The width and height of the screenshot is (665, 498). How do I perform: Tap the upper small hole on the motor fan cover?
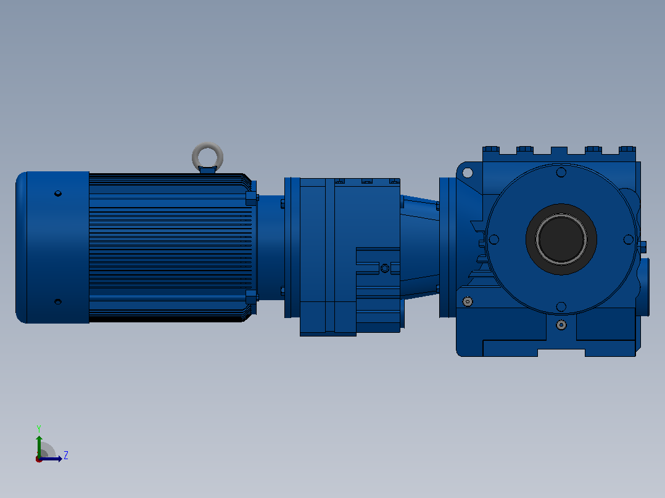(58, 194)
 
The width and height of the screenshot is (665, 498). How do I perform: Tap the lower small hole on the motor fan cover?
(58, 302)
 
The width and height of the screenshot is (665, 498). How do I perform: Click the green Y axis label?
(39, 428)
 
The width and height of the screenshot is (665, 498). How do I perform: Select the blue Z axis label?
(66, 455)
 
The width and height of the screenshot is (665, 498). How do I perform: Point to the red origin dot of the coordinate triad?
(39, 459)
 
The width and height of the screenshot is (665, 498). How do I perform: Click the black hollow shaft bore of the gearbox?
(561, 239)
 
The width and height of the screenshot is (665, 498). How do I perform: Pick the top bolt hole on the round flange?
(561, 173)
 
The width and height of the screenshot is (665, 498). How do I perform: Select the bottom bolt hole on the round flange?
(561, 306)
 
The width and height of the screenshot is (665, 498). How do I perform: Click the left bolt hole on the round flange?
(494, 240)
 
